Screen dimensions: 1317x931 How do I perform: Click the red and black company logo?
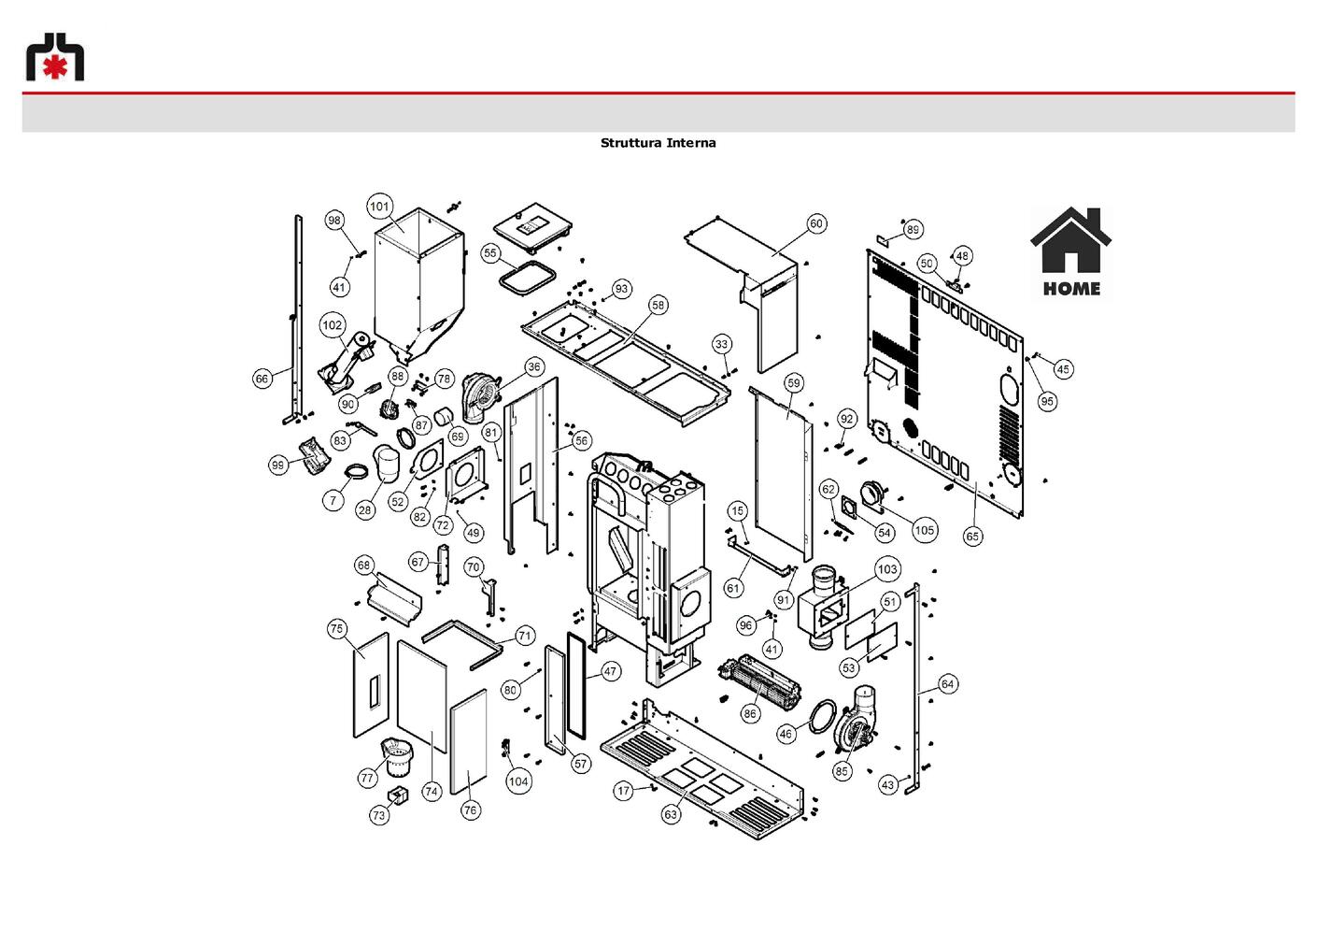click(x=55, y=56)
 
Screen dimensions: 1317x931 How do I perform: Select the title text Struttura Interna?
click(x=658, y=142)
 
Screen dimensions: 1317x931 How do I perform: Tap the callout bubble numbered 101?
click(x=379, y=206)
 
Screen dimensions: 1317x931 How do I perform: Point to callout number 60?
click(x=816, y=223)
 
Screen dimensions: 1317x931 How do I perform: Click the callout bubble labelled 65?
click(x=972, y=537)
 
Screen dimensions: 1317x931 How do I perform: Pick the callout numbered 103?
click(x=887, y=569)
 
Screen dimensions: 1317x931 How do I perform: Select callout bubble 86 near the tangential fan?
click(x=750, y=714)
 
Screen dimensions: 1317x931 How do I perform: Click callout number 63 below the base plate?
click(x=671, y=814)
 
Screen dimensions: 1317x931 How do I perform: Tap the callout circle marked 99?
click(x=277, y=465)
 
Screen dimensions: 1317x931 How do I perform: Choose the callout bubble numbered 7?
click(x=333, y=501)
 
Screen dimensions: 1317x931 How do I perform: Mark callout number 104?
click(x=518, y=781)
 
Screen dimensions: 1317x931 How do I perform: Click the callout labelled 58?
click(x=658, y=305)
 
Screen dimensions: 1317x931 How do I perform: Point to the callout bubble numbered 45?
click(x=1063, y=369)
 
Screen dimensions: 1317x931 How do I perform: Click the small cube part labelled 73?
click(x=398, y=795)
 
